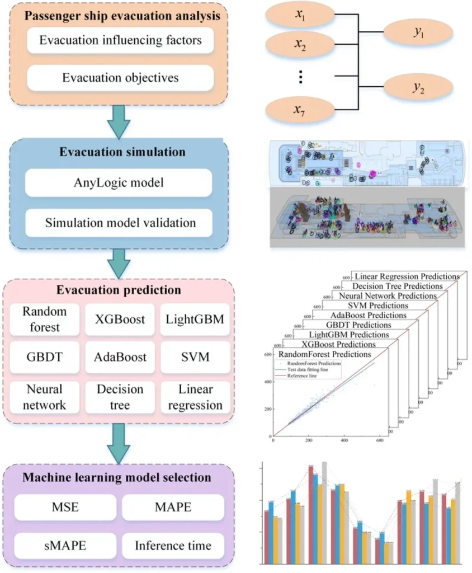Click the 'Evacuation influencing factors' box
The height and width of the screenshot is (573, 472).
coord(120,41)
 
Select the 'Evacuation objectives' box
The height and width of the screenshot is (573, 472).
coord(120,78)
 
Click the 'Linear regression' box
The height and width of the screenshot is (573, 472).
coord(195,397)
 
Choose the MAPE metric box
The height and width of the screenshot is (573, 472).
coord(171,508)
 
